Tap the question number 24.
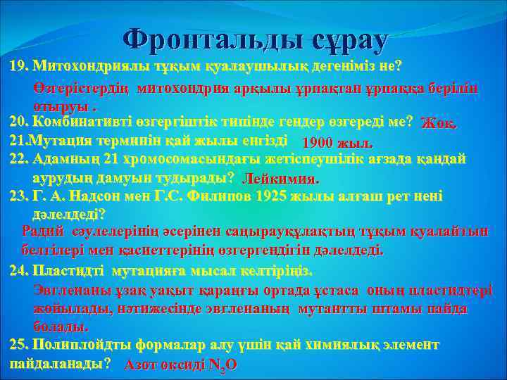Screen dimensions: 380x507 [19, 270]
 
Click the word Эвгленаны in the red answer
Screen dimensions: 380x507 [66, 290]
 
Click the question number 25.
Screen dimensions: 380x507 [19, 346]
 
